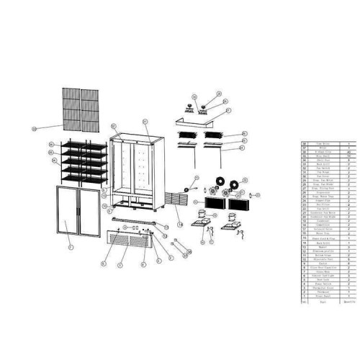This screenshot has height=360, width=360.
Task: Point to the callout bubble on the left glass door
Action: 70,247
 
